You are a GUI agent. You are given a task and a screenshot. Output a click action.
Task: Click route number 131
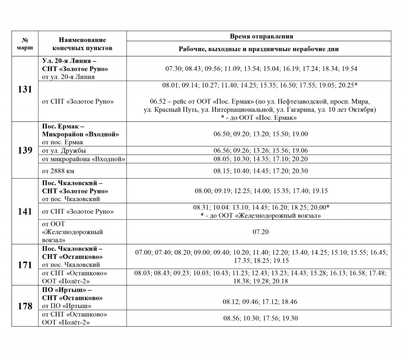tap(25, 89)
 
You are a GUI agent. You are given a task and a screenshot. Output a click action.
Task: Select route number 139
tap(25, 151)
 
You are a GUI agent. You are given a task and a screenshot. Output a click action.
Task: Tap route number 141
tap(25, 211)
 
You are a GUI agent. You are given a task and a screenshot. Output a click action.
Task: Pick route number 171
tap(25, 265)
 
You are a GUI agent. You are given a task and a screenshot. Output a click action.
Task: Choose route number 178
tap(25, 306)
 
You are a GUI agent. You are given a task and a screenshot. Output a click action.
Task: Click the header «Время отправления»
tap(261, 36)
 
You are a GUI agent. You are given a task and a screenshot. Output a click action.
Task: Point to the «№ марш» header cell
tap(25, 44)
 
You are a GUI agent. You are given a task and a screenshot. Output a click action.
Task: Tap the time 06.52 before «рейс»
tap(158, 101)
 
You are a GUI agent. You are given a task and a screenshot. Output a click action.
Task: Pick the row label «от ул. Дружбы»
tap(64, 151)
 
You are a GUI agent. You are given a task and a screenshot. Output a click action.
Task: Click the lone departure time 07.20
tap(260, 232)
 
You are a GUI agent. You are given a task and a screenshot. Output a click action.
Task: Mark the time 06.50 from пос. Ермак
tap(221, 134)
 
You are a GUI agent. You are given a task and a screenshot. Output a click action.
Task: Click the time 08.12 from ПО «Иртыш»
tap(230, 302)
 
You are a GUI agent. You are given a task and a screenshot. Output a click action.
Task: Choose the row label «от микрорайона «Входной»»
tap(83, 159)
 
